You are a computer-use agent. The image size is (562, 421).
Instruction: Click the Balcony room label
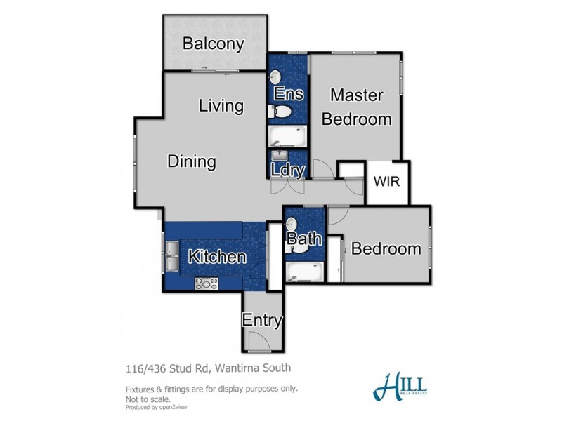tap(213, 44)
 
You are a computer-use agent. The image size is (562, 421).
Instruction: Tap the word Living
tap(221, 106)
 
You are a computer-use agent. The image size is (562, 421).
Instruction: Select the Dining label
tap(191, 162)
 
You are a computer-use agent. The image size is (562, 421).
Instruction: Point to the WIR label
tap(386, 181)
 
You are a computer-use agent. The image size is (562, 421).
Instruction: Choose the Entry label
tap(262, 321)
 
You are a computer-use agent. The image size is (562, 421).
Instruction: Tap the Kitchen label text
tap(216, 257)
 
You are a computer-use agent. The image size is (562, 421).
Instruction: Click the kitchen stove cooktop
tap(207, 283)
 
